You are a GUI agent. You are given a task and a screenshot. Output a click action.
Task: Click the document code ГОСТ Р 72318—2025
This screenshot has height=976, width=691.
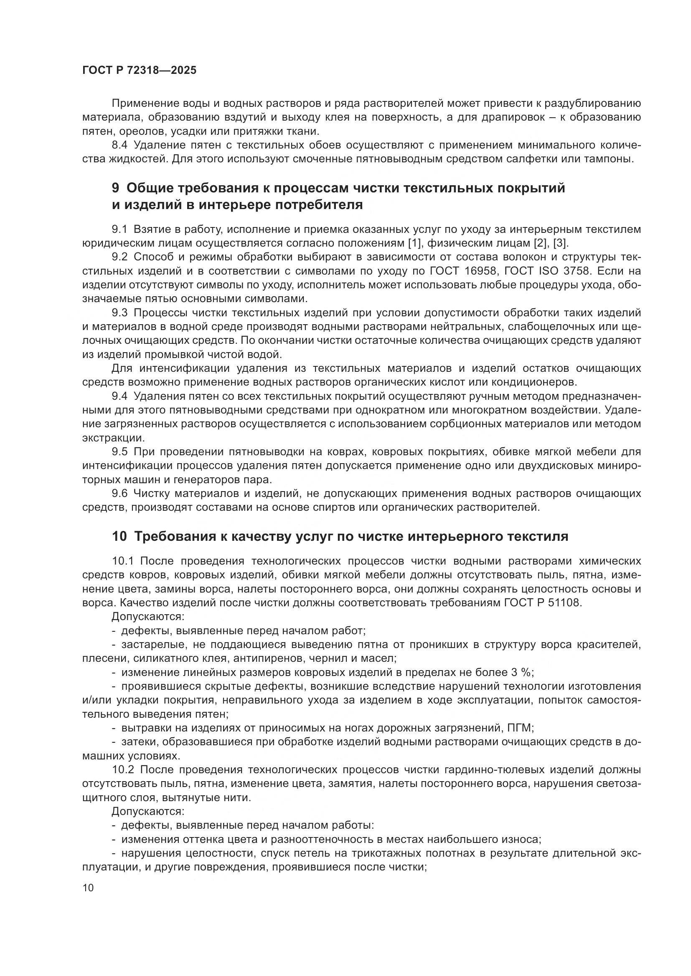[139, 71]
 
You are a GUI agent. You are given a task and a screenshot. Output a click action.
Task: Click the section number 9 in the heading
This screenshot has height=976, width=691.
[116, 188]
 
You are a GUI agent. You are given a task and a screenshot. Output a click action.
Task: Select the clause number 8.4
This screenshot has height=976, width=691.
[119, 145]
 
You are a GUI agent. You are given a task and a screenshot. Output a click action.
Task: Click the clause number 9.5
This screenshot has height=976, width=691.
[119, 452]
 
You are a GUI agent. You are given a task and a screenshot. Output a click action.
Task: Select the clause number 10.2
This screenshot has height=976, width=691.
[123, 770]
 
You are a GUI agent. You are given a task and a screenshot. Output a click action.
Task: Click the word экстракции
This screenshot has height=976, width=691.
[113, 437]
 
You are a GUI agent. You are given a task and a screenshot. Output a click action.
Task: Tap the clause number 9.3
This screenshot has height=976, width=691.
[119, 313]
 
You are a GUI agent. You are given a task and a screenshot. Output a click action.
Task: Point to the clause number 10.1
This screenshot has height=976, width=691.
[123, 561]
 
